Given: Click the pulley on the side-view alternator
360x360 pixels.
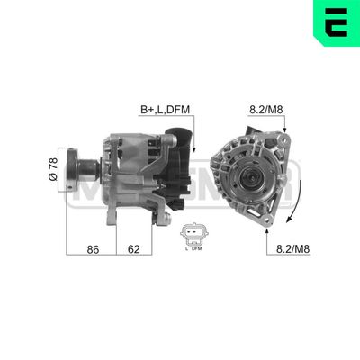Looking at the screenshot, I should [87, 167].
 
